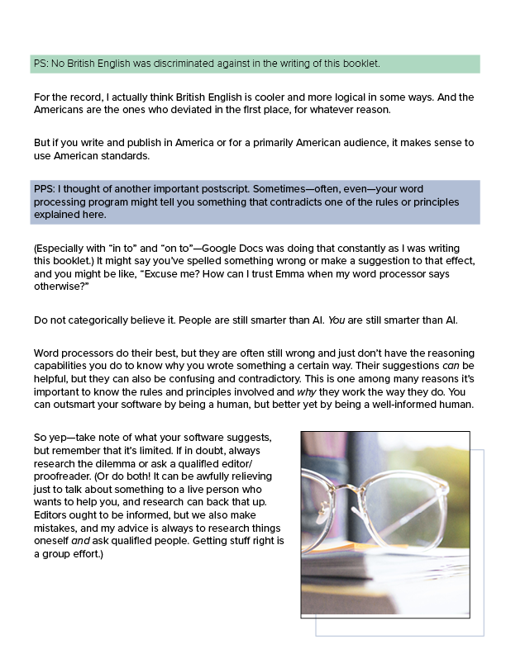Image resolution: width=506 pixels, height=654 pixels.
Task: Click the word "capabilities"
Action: click(x=65, y=365)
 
